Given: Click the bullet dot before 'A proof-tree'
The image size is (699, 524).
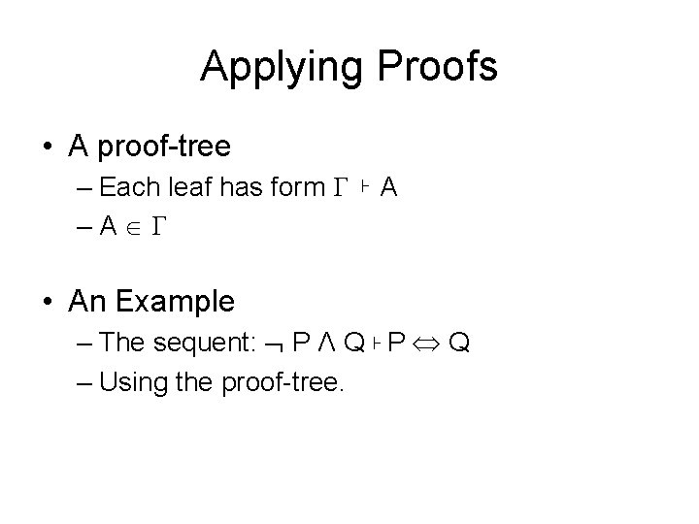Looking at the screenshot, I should (x=48, y=147).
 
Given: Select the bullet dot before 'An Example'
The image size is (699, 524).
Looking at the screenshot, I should (x=48, y=302).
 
